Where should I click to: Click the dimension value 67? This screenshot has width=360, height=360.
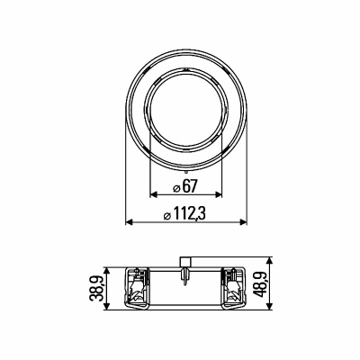pos(190,186)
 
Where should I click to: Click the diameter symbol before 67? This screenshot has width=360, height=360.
pos(176,188)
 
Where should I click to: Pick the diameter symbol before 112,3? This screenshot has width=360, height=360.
pos(167,216)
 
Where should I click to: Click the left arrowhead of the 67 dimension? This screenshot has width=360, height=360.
pos(154,194)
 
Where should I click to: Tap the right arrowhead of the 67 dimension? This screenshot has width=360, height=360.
pos(218,194)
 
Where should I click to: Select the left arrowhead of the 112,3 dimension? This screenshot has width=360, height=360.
pos(130,222)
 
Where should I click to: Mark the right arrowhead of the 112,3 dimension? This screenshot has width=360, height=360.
pos(242,222)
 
